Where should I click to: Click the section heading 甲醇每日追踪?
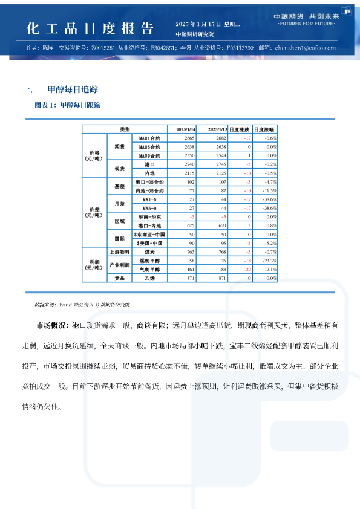(73, 89)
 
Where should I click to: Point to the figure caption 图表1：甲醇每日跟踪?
(68, 105)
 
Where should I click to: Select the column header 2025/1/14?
(185, 129)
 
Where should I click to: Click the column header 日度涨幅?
(264, 129)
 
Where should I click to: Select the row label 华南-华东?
(149, 216)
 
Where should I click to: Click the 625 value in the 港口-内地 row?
(191, 225)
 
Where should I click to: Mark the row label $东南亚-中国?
(149, 234)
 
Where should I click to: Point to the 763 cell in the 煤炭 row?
(191, 251)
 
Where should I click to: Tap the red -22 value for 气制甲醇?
(247, 268)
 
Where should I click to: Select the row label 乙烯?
(149, 277)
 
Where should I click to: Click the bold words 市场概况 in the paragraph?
(52, 326)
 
